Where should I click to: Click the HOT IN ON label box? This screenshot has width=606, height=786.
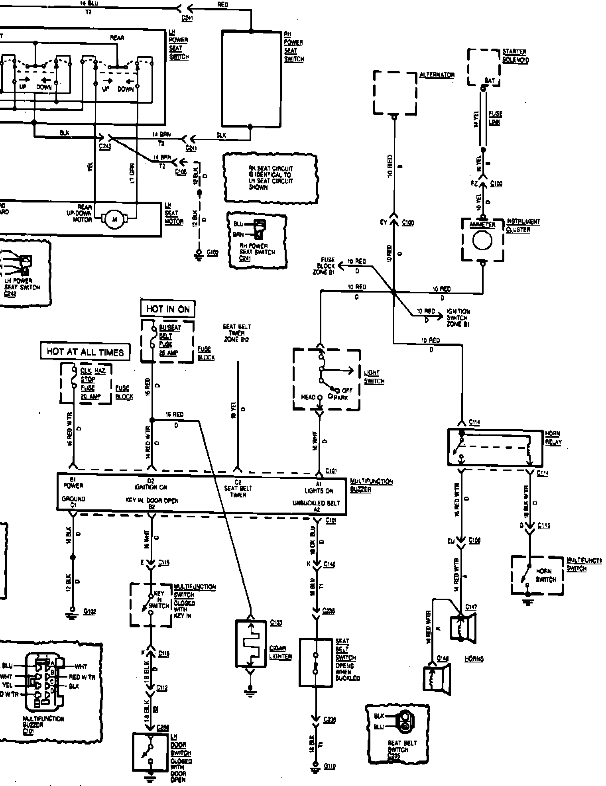click(x=168, y=309)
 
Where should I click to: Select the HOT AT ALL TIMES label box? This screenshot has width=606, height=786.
click(x=85, y=352)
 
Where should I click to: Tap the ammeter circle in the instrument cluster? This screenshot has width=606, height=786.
click(x=482, y=240)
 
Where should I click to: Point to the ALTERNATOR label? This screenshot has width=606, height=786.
click(x=437, y=75)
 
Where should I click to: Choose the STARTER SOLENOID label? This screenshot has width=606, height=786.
click(x=515, y=56)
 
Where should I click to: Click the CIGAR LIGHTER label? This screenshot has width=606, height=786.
click(x=280, y=652)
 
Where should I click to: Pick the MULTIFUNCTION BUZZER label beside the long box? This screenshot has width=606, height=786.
click(x=371, y=485)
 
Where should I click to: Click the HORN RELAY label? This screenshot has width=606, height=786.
click(x=553, y=438)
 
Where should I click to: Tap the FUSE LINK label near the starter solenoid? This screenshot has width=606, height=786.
click(x=495, y=118)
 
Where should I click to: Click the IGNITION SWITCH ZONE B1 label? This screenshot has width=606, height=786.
click(x=458, y=317)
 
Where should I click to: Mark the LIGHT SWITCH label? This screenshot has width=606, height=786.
click(x=374, y=377)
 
